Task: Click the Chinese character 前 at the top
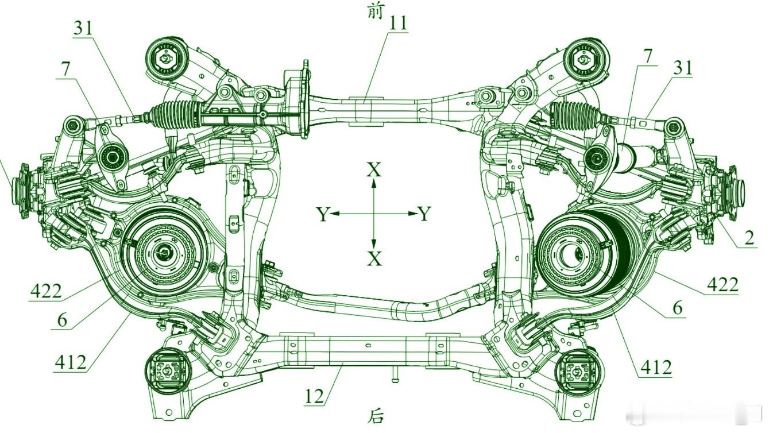coord(375,12)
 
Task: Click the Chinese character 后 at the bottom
coord(375,416)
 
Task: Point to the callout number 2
coord(749,238)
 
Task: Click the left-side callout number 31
coord(83,28)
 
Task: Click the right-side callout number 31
coord(682,68)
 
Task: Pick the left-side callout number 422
coord(46,292)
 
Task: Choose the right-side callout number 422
coord(722,285)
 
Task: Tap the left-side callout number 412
coord(71,362)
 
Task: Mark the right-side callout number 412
coord(656,368)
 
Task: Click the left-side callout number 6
coord(62,320)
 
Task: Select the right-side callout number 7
coord(648,56)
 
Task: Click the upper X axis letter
coord(374,169)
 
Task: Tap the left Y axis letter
coord(323,214)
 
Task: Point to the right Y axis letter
coord(424,214)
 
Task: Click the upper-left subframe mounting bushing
coord(166,59)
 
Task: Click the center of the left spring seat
coord(164,253)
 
